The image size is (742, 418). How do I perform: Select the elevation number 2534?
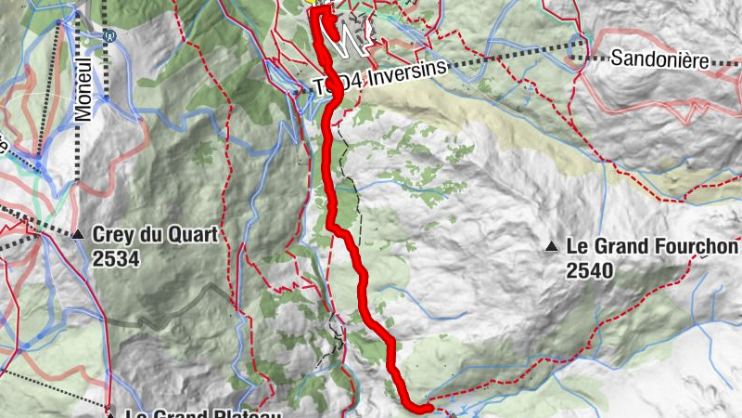116,258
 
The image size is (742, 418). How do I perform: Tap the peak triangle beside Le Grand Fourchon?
552,247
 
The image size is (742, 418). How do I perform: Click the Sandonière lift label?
659,59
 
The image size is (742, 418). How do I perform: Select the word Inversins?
405,74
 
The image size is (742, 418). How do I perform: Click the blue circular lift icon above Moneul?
109,38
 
